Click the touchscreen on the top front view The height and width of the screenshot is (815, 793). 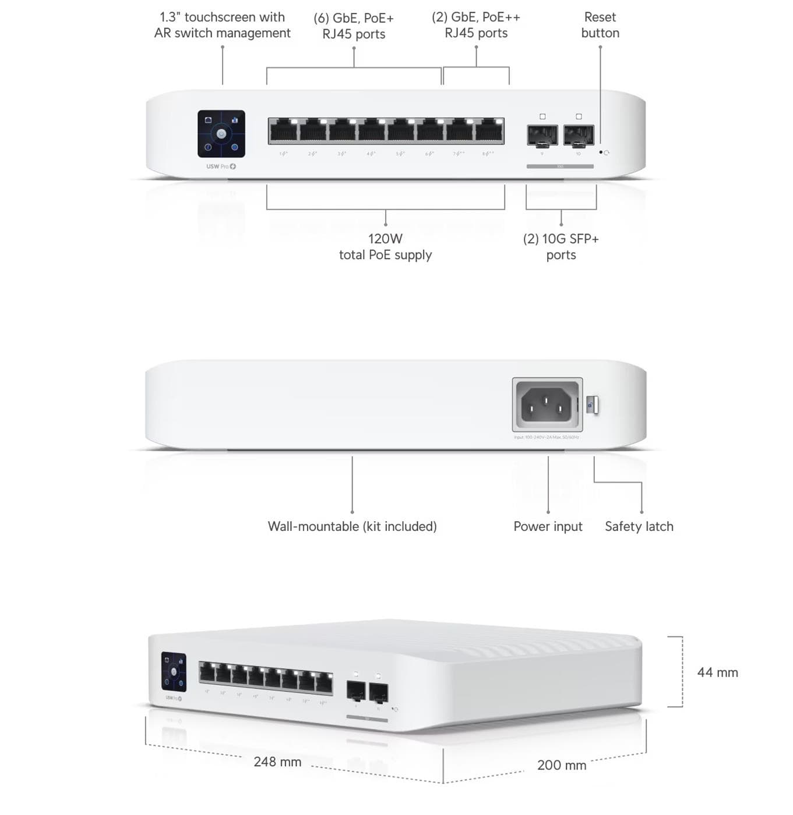(x=221, y=134)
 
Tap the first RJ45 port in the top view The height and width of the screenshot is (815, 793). (x=283, y=131)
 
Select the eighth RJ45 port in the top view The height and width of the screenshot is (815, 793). (x=489, y=131)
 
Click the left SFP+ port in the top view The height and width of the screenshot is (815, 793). (x=542, y=136)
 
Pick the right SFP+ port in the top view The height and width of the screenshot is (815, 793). (x=579, y=136)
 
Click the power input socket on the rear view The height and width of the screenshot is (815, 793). (x=547, y=405)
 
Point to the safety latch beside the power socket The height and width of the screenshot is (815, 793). (x=592, y=405)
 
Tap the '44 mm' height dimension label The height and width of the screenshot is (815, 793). (x=717, y=672)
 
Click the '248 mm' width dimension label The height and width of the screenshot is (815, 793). (x=277, y=761)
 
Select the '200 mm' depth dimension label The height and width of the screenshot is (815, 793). (x=561, y=765)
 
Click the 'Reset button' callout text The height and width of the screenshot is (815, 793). (x=600, y=25)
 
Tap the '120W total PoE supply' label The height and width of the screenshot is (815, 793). (x=385, y=247)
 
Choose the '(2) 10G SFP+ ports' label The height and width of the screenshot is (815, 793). (x=561, y=247)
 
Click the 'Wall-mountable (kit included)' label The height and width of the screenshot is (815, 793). (x=352, y=526)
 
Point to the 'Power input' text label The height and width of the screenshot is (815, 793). (x=548, y=526)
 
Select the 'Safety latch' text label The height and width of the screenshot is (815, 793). (x=639, y=526)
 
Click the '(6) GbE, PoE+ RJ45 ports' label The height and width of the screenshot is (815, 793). (x=354, y=26)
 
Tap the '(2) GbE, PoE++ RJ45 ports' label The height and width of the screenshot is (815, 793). (x=476, y=25)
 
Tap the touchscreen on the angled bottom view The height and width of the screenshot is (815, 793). (x=174, y=672)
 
